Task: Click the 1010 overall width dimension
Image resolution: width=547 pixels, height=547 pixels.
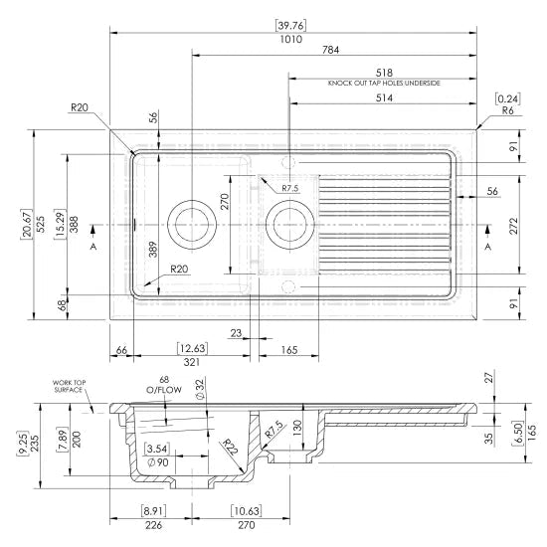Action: click(x=291, y=39)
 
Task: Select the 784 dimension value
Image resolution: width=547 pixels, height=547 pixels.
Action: click(x=330, y=50)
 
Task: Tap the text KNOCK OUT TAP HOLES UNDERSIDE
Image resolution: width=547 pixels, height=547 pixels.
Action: click(x=384, y=83)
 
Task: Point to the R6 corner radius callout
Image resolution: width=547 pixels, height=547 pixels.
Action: click(x=507, y=110)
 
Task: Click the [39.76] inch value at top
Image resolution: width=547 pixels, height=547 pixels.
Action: click(x=291, y=26)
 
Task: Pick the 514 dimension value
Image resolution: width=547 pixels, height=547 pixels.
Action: click(x=384, y=98)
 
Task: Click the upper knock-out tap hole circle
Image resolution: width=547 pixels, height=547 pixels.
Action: click(x=288, y=162)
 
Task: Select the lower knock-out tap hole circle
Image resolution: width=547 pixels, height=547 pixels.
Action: click(x=288, y=286)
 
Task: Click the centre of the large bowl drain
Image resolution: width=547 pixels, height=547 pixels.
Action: click(x=192, y=225)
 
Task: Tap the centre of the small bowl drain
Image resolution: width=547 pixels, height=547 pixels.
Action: click(x=289, y=225)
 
